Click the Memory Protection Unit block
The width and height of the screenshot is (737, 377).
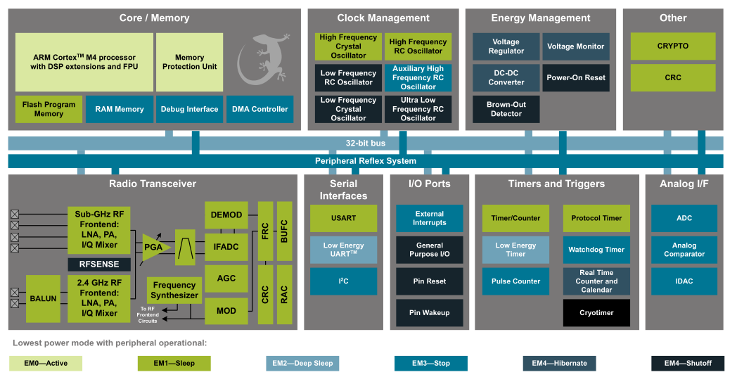[190, 62]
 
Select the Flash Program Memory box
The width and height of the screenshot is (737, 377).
[49, 109]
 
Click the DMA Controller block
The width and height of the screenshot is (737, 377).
[259, 109]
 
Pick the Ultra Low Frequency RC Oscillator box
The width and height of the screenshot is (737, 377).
[418, 109]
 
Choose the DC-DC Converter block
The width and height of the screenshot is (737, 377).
[506, 77]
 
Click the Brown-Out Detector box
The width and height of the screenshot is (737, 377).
[506, 109]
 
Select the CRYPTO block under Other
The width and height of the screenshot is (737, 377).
[672, 46]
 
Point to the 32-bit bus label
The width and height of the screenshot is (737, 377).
[365, 143]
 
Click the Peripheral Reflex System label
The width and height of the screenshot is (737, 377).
[365, 161]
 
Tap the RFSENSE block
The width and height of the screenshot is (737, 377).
[98, 264]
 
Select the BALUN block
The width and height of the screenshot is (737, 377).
[44, 298]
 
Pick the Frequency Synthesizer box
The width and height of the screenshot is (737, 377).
[174, 290]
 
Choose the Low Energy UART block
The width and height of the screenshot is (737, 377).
[343, 250]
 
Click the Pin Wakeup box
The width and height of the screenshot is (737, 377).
[429, 312]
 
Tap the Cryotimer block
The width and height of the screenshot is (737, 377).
[596, 312]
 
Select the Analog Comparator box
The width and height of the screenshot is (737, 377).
[684, 250]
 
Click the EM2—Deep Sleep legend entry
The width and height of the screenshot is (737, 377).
[302, 363]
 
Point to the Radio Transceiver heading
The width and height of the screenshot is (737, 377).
[153, 184]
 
